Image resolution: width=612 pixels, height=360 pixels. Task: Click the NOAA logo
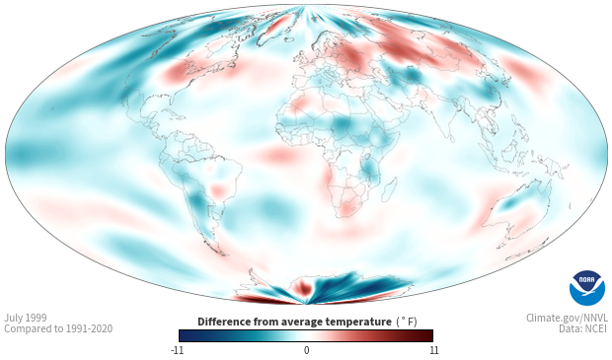pos(587,288)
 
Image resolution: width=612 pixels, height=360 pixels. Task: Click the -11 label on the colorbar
pos(177,350)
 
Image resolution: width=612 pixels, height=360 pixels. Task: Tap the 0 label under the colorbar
pos(306,350)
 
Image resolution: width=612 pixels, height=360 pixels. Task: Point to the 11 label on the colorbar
pos(433,350)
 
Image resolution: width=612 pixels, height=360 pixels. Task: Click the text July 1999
pos(26,318)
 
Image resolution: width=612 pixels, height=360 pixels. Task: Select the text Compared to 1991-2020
pos(58,328)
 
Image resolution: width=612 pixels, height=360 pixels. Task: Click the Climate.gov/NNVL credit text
pos(567,318)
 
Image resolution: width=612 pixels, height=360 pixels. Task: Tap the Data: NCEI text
pos(583,328)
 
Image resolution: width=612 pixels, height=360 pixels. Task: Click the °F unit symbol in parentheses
pos(407,322)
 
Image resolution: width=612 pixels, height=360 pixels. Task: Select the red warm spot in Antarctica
pos(304,287)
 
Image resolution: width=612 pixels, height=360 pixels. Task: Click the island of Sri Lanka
pos(451,138)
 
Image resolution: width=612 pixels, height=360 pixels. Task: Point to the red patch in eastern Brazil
pos(218,190)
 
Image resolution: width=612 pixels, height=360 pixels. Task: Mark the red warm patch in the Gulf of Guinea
pos(280,155)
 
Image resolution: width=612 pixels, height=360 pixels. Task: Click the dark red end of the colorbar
pos(426,335)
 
